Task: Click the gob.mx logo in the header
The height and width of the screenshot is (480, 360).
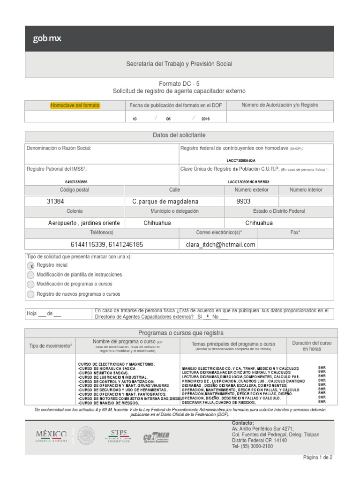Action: [47, 39]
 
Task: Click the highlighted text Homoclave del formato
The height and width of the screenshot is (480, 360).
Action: [75, 105]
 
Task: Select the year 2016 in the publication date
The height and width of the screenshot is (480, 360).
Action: [205, 119]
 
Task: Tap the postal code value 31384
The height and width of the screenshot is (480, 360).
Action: [56, 201]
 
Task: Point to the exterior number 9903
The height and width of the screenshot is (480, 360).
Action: [247, 201]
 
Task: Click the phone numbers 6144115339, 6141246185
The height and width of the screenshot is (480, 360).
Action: [107, 244]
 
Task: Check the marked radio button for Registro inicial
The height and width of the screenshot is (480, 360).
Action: [31, 266]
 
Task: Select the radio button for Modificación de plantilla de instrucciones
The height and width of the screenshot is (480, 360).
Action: [31, 275]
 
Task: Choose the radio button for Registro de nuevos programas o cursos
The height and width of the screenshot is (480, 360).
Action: [31, 294]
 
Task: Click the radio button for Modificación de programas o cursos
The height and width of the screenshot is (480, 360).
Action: [31, 285]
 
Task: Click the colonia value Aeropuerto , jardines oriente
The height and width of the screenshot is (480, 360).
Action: [84, 223]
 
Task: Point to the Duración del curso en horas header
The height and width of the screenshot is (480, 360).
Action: [311, 346]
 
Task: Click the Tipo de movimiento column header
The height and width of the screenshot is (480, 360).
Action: [50, 346]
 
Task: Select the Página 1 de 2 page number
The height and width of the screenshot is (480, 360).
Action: [318, 457]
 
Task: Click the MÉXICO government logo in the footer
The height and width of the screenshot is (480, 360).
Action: [51, 435]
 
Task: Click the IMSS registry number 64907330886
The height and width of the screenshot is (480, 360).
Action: [76, 181]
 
